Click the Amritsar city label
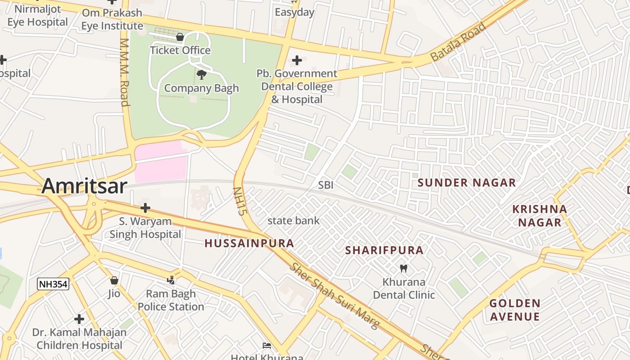[85, 186]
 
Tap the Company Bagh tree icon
[202, 75]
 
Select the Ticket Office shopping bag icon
[180, 37]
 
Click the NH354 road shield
[53, 284]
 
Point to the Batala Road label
[458, 42]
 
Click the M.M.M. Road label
[125, 72]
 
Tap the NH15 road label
[238, 201]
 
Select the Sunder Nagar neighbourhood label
[467, 183]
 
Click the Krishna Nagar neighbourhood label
[540, 216]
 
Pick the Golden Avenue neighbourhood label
[515, 310]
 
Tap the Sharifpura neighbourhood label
[384, 251]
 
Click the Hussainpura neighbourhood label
[249, 243]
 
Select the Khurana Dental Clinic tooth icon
[404, 269]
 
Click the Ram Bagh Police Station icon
[171, 280]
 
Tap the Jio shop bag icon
[114, 280]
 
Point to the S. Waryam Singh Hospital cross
[145, 208]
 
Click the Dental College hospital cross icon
[297, 60]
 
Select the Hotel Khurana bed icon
[267, 346]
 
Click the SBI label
[326, 185]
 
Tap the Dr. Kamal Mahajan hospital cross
[79, 319]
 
